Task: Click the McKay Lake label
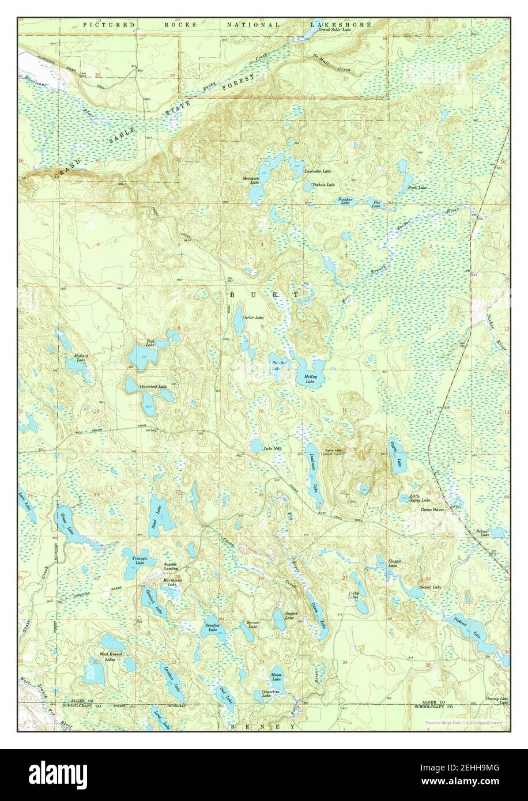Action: [310, 380]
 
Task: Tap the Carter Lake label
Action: [253, 318]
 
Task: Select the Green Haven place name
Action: [433, 510]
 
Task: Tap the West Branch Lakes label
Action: [111, 656]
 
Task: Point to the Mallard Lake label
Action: [81, 358]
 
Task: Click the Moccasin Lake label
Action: [251, 180]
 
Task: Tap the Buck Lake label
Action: [417, 187]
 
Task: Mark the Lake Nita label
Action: [271, 449]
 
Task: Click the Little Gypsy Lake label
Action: [420, 498]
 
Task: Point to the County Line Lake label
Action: [496, 700]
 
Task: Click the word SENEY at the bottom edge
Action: [263, 727]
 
